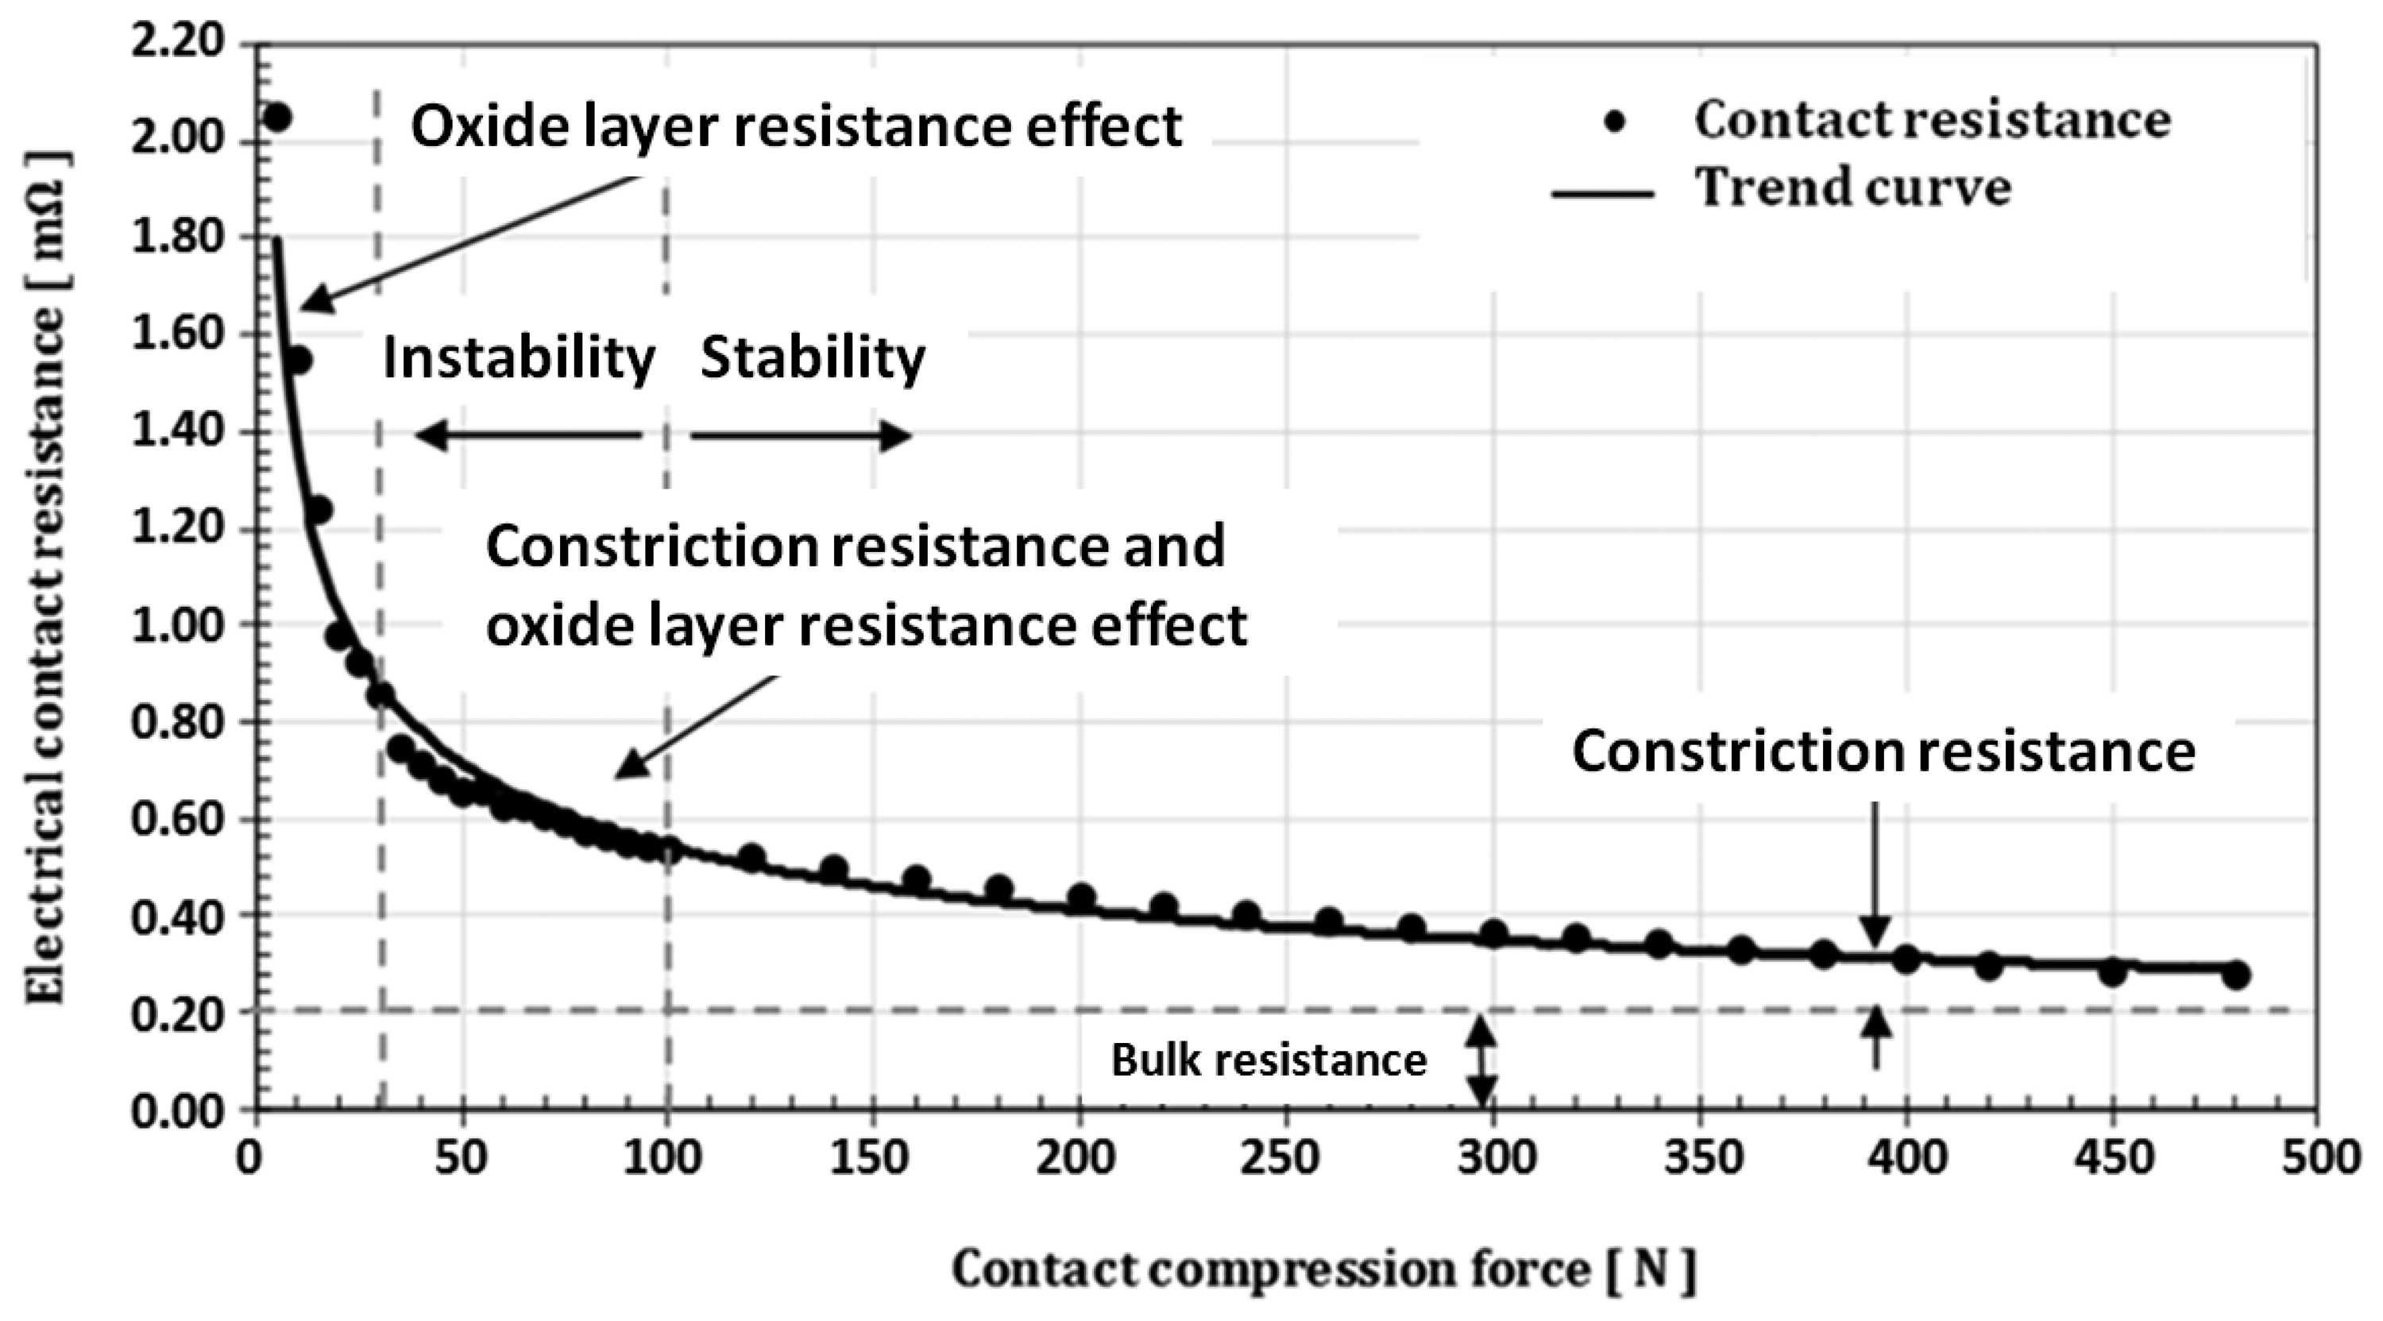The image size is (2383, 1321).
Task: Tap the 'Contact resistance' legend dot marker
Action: click(1614, 122)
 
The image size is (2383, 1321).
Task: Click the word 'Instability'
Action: click(518, 359)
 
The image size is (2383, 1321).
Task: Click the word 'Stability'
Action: click(813, 359)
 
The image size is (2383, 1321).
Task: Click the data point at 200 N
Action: click(1080, 898)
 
